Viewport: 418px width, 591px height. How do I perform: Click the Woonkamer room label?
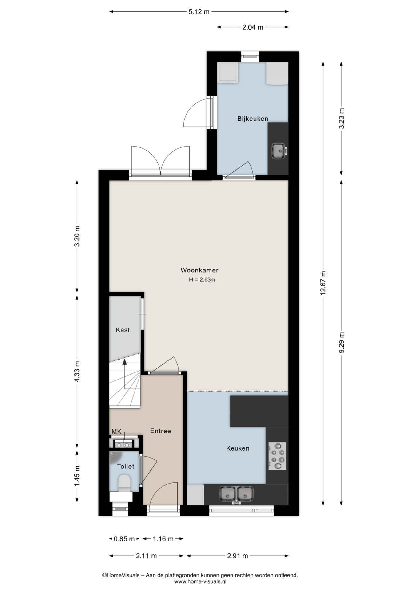(199, 270)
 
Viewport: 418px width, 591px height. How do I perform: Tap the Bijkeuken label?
(253, 119)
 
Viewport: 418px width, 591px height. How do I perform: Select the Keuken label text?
(238, 448)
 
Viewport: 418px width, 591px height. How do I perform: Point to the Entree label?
(160, 431)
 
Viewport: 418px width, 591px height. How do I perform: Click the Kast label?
(123, 330)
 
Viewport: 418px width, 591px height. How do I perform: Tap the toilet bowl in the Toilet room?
(124, 482)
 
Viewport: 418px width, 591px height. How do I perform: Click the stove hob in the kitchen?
(277, 456)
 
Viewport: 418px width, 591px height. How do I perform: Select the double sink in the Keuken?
(236, 494)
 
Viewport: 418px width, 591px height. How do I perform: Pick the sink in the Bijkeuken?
(279, 151)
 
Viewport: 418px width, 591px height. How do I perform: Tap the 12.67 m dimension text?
(323, 283)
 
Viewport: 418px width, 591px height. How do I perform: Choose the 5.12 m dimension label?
(199, 12)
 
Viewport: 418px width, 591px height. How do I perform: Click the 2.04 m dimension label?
(253, 27)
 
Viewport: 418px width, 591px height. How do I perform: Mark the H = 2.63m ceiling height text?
(202, 280)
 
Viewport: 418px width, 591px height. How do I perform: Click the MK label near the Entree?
(116, 432)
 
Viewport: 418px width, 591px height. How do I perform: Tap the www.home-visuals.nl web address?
(200, 581)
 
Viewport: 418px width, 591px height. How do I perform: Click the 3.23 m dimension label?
(341, 119)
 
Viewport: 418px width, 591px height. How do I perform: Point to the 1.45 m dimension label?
(77, 476)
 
